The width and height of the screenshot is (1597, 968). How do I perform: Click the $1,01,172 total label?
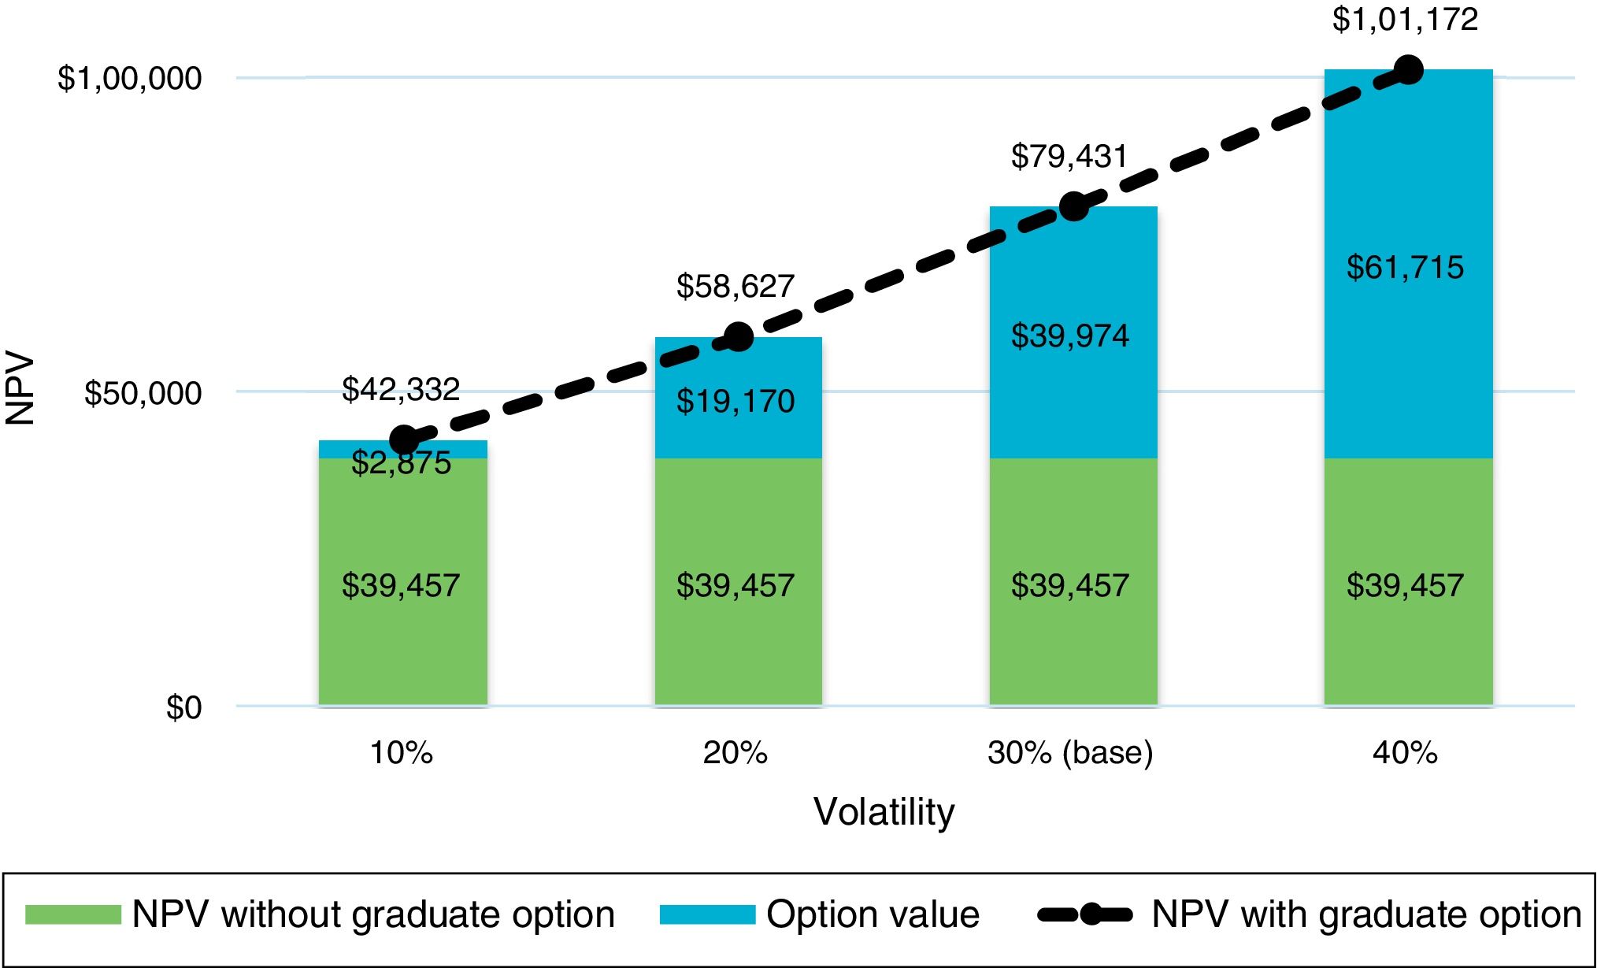tap(1405, 20)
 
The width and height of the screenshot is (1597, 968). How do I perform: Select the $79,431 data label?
tap(1069, 156)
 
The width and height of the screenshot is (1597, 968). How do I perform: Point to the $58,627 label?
tap(736, 286)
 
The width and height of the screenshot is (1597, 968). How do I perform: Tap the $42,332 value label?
tap(401, 389)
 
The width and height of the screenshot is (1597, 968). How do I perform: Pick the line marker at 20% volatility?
tap(738, 338)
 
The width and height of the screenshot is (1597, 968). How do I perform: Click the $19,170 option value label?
tap(736, 402)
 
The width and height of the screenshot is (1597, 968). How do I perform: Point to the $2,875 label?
tap(401, 463)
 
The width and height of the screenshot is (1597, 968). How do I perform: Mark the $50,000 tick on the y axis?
tap(143, 393)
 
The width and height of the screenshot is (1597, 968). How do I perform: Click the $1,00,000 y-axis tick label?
tap(129, 79)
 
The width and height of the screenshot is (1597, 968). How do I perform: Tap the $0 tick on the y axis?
tap(183, 707)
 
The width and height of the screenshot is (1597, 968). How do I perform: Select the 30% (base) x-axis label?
tap(1070, 753)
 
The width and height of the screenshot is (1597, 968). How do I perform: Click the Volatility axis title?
tap(884, 811)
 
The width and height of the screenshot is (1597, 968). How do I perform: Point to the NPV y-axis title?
tap(20, 390)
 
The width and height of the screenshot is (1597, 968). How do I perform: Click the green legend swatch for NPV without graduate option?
tap(73, 914)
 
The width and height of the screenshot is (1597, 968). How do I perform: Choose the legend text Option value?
tap(873, 914)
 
